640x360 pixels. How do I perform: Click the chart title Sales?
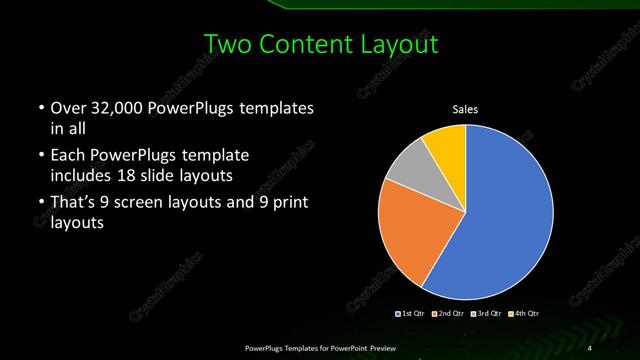pyautogui.click(x=465, y=108)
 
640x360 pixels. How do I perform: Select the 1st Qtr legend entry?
pyautogui.click(x=414, y=315)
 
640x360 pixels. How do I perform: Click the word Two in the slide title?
pyautogui.click(x=226, y=44)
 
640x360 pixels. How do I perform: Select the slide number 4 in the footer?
pyautogui.click(x=590, y=347)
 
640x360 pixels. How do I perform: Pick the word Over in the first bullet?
pyautogui.click(x=68, y=107)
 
